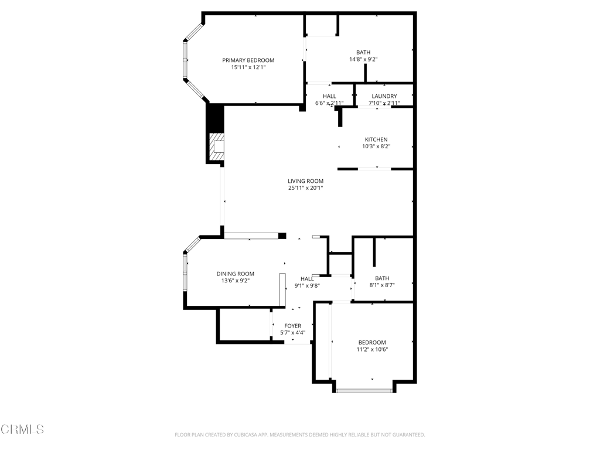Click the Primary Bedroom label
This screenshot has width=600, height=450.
pos(248,60)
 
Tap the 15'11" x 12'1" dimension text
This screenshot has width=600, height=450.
pos(248,67)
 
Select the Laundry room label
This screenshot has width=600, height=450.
pos(384,96)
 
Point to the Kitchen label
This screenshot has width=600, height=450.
pos(376,139)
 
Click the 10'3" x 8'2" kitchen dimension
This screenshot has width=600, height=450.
pos(376,146)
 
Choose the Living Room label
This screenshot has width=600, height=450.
pos(305,181)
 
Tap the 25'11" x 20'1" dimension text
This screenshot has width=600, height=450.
pos(305,188)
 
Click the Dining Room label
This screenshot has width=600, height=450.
pos(235,274)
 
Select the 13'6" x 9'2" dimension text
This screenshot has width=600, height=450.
pos(235,281)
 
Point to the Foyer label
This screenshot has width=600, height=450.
pos(293,326)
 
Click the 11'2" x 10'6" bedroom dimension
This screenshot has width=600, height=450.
pos(372,349)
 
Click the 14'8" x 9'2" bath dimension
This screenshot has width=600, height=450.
pos(363,59)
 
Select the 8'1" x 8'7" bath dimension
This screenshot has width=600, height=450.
pos(382,285)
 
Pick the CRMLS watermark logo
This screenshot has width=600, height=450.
pos(22,429)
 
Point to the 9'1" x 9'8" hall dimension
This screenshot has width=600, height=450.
pos(307,286)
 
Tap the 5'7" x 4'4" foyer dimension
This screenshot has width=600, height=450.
pos(293,333)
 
